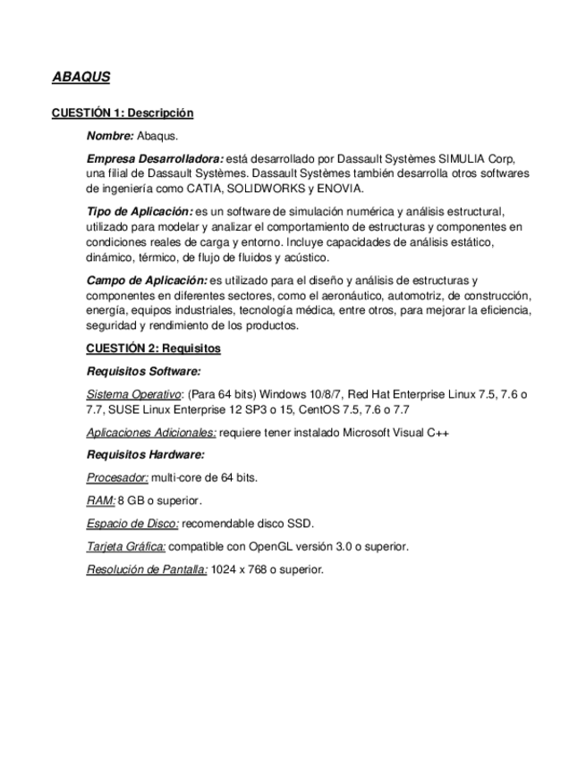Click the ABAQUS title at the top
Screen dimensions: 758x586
point(81,77)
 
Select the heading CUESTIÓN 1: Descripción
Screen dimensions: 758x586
point(122,114)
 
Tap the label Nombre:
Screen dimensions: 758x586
point(110,136)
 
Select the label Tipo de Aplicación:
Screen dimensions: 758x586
point(140,211)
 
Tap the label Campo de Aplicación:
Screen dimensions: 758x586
point(147,281)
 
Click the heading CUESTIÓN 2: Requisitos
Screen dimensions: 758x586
point(153,348)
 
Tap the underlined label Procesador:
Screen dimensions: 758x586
point(117,477)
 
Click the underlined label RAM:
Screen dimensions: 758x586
point(100,500)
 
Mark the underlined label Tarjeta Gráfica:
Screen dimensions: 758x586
point(126,545)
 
